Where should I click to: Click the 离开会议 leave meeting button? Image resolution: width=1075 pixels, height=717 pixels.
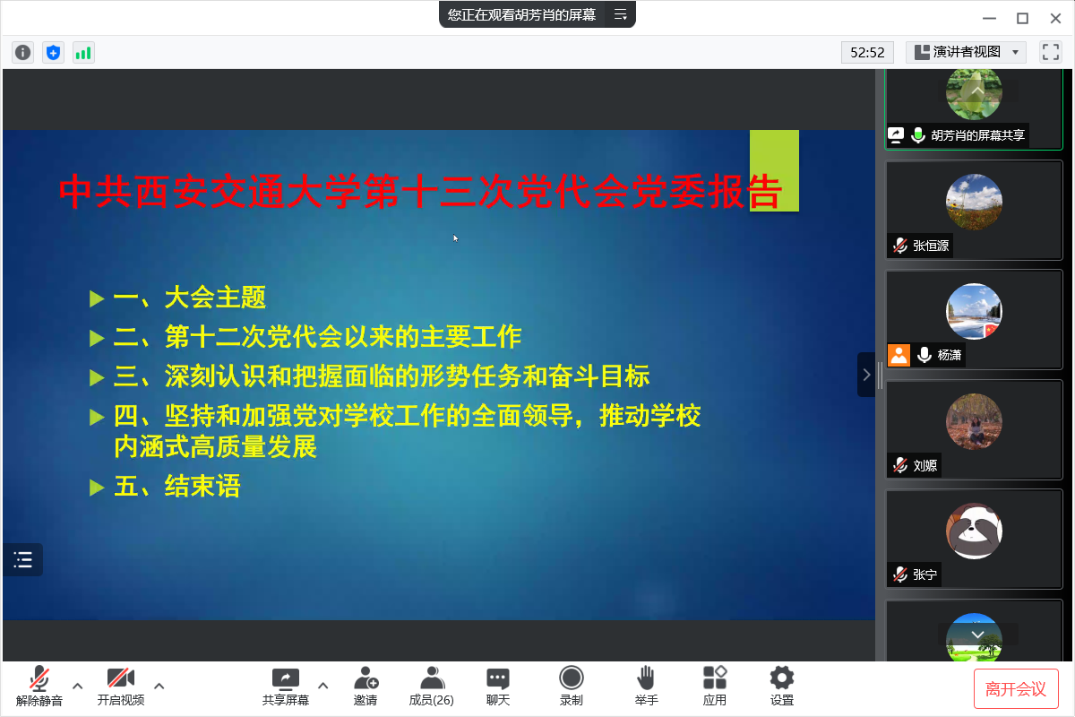pos(1016,688)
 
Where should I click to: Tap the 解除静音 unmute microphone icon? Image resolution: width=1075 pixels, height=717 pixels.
pos(39,678)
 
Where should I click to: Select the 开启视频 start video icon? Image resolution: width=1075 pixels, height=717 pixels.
pos(120,678)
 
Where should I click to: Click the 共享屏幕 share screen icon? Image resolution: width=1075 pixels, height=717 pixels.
pos(286,678)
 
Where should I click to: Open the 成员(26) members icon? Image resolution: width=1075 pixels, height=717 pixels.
pos(432,678)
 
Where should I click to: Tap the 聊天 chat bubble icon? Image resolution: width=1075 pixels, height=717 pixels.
pos(498,678)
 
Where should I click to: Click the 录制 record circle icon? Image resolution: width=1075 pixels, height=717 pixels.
pos(572,678)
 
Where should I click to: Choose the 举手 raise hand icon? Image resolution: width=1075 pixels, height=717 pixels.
pos(646,678)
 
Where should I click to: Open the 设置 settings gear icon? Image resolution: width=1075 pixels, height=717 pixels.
pos(782,678)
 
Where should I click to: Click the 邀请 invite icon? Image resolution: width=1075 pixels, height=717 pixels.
pos(365,678)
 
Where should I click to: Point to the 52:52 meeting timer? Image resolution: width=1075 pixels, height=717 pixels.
pos(867,52)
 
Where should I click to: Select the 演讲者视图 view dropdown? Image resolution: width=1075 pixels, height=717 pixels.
pos(966,52)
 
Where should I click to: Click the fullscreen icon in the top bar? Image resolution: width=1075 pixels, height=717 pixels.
pos(1050,52)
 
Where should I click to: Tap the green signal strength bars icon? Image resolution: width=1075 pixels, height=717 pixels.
pos(83,52)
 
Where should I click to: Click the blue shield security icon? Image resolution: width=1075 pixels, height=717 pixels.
pos(53,52)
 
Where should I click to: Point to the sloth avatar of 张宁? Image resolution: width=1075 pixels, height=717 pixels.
pos(974,531)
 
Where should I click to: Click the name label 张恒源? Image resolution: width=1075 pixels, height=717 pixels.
pos(931,246)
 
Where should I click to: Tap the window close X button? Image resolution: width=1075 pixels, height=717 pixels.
pos(1055,18)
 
